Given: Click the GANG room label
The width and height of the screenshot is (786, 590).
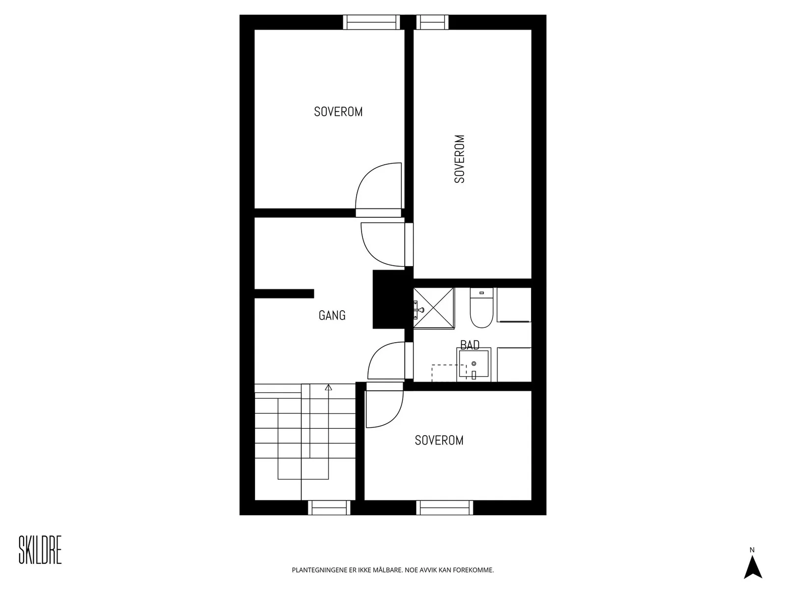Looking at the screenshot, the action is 332,315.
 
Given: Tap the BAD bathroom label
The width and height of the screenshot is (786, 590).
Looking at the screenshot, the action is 470,345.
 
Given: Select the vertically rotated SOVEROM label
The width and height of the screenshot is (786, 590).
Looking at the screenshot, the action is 459,159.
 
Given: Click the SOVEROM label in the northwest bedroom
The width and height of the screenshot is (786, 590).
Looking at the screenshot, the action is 338,112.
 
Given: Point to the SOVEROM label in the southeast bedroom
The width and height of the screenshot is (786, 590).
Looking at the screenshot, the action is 439,440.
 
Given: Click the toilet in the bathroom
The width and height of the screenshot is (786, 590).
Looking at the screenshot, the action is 481,308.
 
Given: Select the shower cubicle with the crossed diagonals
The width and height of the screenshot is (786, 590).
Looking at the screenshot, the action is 434,308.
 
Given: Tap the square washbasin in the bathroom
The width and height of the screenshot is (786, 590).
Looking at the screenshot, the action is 474,364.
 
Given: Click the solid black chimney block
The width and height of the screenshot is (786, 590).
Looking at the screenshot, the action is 389,299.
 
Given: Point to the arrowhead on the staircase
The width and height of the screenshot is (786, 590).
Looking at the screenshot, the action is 328,387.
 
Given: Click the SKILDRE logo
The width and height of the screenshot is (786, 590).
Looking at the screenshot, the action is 40,550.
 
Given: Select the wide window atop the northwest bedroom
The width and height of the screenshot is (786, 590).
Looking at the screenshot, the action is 371,22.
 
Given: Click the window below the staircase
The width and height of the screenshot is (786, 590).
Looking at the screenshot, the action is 329,507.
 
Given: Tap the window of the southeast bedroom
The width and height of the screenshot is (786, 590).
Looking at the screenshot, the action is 445,507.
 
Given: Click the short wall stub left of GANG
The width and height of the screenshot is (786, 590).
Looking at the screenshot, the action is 284,294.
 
